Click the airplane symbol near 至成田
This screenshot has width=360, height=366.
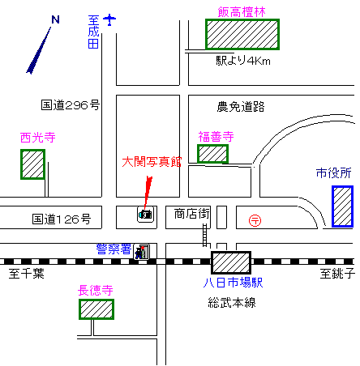pos(109,19)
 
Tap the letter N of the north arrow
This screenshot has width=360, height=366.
pos(55,19)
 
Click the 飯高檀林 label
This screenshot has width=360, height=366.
pos(242,12)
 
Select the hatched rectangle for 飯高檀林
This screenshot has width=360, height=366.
pos(242,34)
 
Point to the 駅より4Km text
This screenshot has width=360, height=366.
pos(243,61)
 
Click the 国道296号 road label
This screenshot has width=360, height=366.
pos(71,105)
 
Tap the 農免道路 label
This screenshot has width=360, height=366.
pos(241,107)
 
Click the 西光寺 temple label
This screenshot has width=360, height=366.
pos(38,138)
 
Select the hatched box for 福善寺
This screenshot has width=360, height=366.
pos(212,154)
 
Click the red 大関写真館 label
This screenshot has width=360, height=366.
pos(152,162)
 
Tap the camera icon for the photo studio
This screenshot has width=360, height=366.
pos(146,215)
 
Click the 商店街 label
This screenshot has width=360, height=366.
pos(191,214)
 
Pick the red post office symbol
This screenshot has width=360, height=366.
pos(255,220)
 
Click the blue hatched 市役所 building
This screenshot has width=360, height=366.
pos(342,206)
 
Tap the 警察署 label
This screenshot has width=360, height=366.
pos(114,249)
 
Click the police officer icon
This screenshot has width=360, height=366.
pos(141,252)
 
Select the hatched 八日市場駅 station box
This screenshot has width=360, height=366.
pos(231,262)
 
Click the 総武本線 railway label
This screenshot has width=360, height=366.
pos(232,302)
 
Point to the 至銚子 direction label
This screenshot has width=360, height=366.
pos(337,274)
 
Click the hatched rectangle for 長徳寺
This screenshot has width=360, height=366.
pos(96,309)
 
